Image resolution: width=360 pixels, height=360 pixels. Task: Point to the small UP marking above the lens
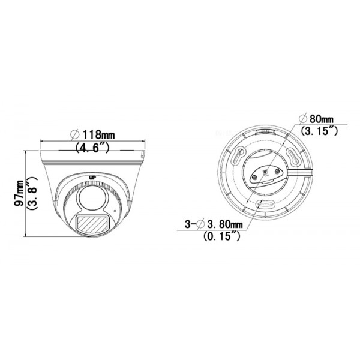pyautogui.click(x=92, y=177)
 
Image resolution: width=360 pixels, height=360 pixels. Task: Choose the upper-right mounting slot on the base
pyautogui.click(x=295, y=157)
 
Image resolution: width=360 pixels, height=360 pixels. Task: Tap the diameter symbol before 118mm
pyautogui.click(x=76, y=133)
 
